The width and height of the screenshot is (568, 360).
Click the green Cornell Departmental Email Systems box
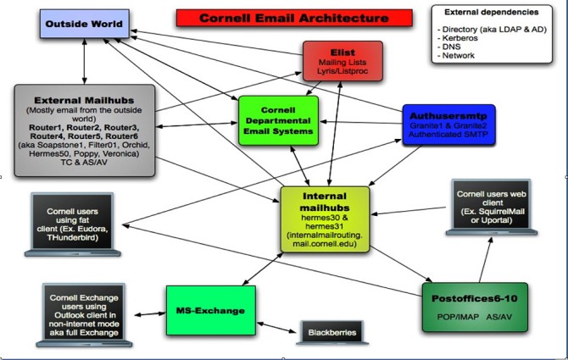tap(278, 119)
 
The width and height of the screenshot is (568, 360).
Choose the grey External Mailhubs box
tap(85, 129)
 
